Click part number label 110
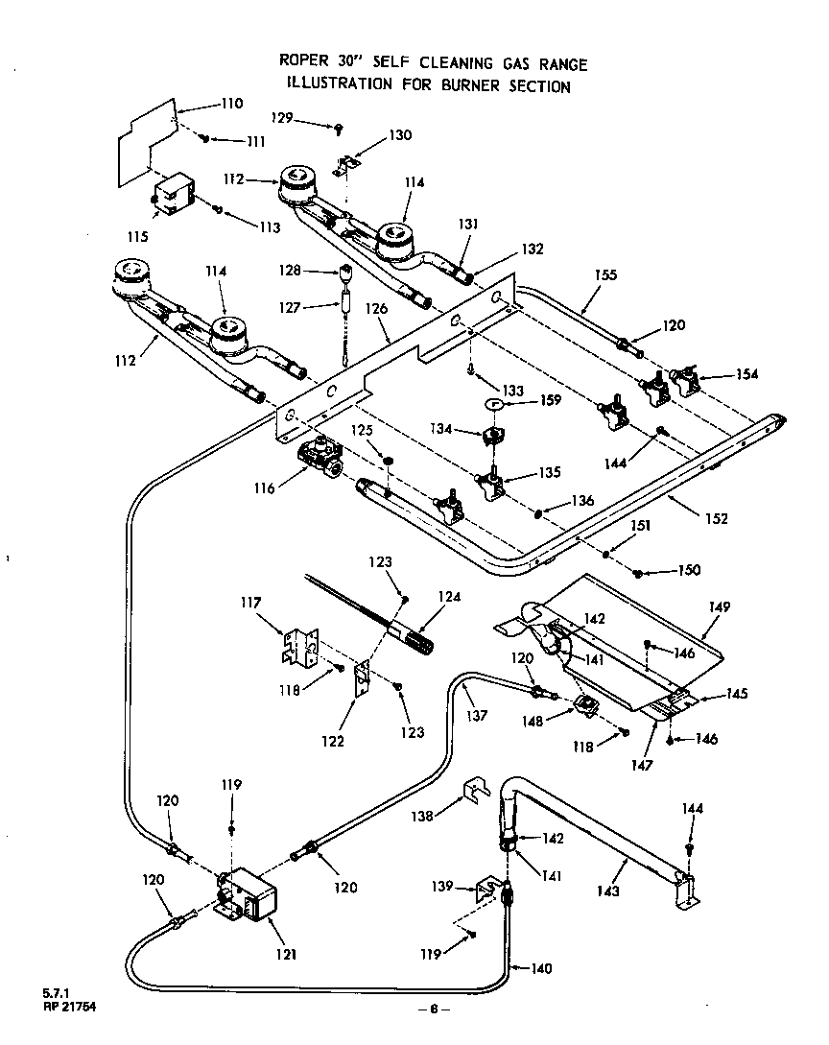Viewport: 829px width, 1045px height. [x=231, y=104]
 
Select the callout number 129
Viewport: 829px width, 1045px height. [x=281, y=119]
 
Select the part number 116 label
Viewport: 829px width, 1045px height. [x=265, y=487]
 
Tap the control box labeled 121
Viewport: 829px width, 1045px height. [x=246, y=896]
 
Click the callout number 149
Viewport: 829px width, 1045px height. [x=720, y=606]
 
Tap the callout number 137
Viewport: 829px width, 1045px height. [x=477, y=715]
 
